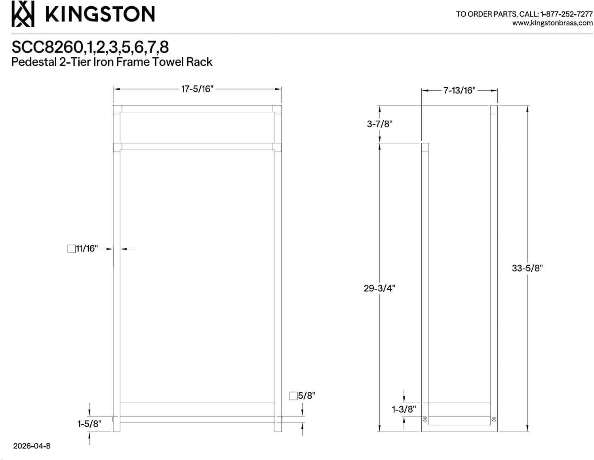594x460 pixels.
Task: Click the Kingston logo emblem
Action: tap(23, 14)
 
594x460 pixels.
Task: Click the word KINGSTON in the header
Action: tap(100, 14)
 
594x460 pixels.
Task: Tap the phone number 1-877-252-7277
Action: tap(566, 14)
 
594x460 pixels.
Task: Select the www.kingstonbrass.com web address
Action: tap(552, 23)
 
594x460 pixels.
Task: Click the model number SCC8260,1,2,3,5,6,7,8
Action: tap(90, 47)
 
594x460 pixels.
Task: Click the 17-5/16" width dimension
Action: tap(197, 89)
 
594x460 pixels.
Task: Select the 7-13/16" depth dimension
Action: tap(459, 90)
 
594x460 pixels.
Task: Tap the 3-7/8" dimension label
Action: tap(379, 124)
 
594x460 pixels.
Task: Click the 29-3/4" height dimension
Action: tap(379, 288)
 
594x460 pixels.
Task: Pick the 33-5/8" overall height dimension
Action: tap(527, 268)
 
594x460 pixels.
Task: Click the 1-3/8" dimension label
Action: tap(404, 409)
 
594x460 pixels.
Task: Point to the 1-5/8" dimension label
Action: tap(89, 424)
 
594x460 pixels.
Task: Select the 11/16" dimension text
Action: tap(87, 249)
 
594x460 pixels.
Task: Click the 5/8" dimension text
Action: tap(307, 396)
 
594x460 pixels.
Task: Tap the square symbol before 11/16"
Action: tap(72, 249)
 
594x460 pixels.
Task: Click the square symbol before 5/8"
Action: tap(293, 396)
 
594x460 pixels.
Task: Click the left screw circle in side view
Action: tap(425, 419)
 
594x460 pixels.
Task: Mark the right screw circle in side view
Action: tap(494, 419)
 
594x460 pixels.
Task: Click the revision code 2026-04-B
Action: tap(32, 446)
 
